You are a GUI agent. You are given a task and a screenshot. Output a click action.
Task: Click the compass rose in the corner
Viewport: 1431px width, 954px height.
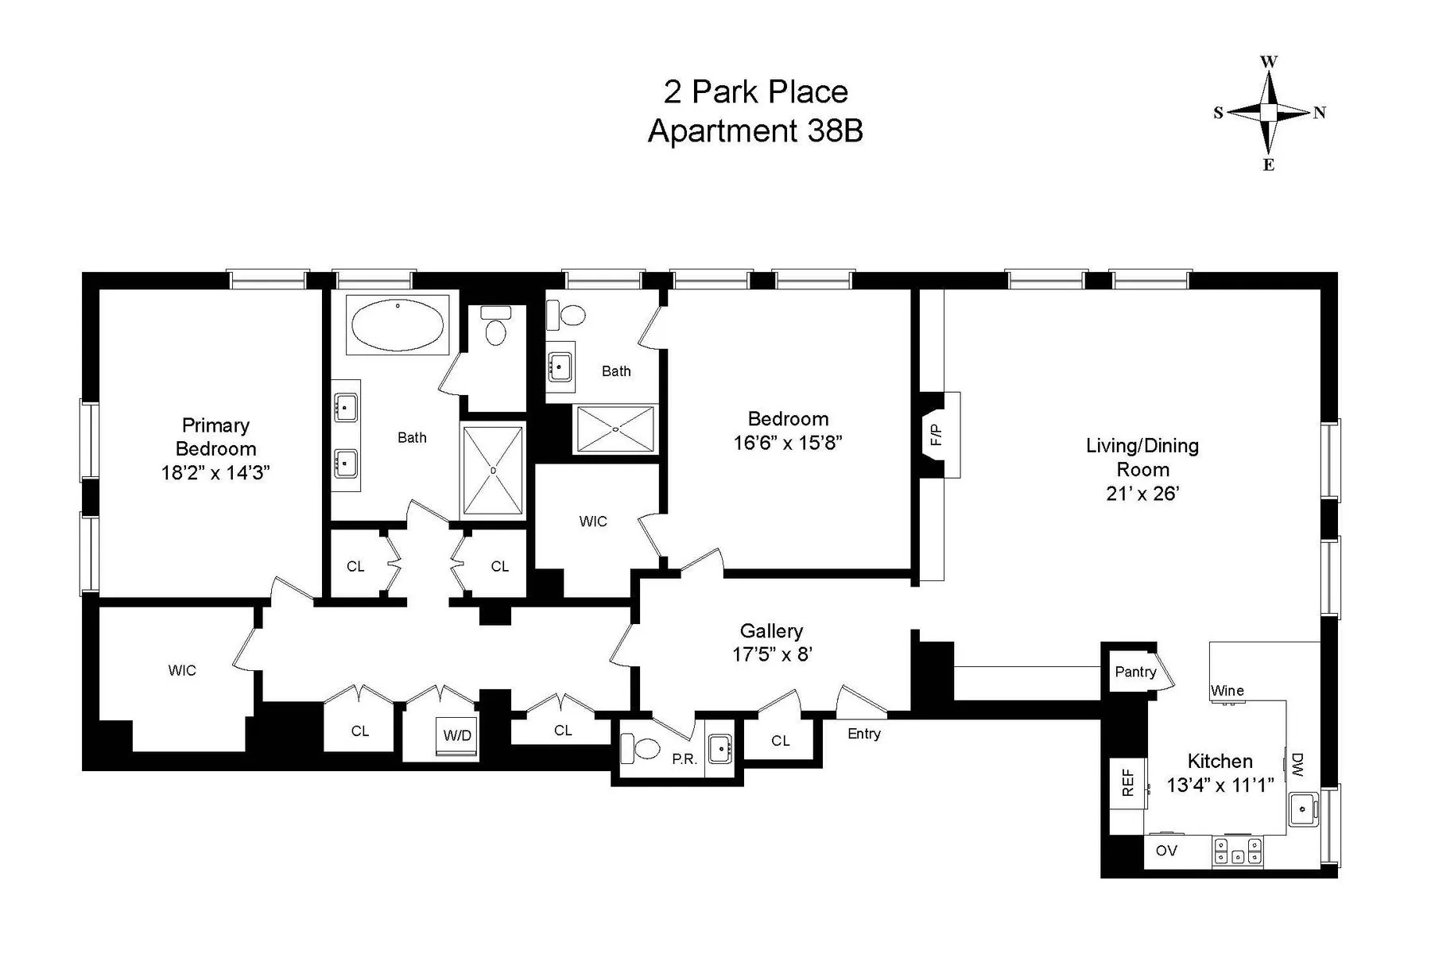click(x=1269, y=113)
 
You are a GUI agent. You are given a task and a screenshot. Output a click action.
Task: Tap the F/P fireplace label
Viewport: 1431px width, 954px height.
click(x=937, y=434)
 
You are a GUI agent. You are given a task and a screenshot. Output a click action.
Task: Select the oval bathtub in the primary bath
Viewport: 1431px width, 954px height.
click(x=397, y=325)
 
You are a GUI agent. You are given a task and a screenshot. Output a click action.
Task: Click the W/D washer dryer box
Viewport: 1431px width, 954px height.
click(x=457, y=735)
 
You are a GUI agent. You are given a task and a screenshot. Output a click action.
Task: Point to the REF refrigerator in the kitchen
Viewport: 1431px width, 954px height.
click(x=1127, y=782)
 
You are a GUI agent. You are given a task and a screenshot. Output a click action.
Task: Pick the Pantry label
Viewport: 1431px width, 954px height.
click(x=1135, y=672)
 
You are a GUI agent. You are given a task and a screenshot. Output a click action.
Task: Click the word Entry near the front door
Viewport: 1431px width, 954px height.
click(x=863, y=734)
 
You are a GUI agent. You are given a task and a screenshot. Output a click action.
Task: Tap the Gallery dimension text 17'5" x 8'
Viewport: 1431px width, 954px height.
click(x=771, y=655)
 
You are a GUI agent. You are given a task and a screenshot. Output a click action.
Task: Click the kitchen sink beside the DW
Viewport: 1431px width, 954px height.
click(x=1302, y=809)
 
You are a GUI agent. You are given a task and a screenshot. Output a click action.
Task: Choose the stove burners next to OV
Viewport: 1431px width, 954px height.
click(x=1237, y=851)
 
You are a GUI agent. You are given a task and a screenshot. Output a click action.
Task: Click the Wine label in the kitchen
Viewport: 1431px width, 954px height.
click(x=1227, y=691)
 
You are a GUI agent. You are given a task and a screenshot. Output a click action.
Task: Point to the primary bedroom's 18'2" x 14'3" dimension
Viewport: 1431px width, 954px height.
click(x=215, y=473)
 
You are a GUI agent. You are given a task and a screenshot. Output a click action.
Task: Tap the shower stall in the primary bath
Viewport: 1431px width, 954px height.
click(x=493, y=471)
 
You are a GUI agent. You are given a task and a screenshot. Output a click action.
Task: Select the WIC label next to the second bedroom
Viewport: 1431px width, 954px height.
click(x=593, y=522)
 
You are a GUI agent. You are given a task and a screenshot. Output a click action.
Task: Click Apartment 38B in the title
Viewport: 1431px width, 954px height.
click(x=755, y=131)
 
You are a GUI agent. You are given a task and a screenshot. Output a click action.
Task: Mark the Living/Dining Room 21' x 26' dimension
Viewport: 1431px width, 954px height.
click(x=1142, y=494)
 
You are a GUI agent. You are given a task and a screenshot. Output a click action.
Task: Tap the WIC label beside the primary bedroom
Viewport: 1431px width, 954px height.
click(x=182, y=671)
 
